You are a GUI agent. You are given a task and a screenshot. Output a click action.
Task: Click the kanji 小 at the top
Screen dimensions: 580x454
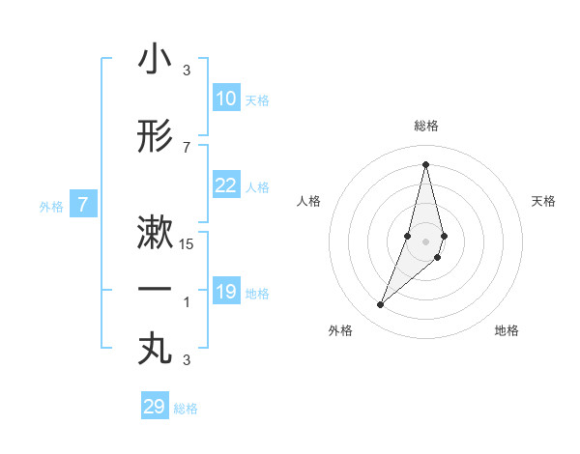point(155,61)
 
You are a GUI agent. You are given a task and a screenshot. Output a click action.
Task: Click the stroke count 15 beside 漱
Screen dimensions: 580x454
point(187,244)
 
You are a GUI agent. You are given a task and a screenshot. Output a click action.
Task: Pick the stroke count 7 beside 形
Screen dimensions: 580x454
point(187,147)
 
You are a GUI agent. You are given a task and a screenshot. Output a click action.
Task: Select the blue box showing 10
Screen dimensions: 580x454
point(226,99)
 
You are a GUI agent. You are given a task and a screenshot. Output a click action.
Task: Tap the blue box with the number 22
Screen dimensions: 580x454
point(226,186)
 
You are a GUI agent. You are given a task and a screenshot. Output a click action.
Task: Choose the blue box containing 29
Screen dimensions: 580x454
point(155,407)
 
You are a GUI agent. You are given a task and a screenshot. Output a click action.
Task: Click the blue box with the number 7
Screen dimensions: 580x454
point(84,205)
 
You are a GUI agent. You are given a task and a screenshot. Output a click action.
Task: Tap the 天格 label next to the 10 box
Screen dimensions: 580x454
point(257,100)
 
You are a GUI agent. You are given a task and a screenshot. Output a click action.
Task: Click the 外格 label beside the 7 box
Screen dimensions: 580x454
point(51,206)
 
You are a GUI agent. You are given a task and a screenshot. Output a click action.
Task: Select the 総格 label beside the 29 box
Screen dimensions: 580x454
point(186,409)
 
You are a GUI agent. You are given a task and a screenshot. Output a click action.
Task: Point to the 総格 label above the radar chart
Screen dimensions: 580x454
point(425,126)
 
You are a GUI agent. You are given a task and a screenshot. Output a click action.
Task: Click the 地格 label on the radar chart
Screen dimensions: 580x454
point(507,330)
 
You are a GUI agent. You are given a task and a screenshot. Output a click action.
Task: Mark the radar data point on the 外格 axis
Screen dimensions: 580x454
point(380,305)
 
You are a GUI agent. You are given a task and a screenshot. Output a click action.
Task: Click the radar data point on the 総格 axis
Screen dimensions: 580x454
point(425,163)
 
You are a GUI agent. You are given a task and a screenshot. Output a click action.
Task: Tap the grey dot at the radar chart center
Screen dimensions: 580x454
point(425,241)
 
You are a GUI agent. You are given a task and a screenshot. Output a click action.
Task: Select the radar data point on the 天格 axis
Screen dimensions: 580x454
point(444,236)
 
